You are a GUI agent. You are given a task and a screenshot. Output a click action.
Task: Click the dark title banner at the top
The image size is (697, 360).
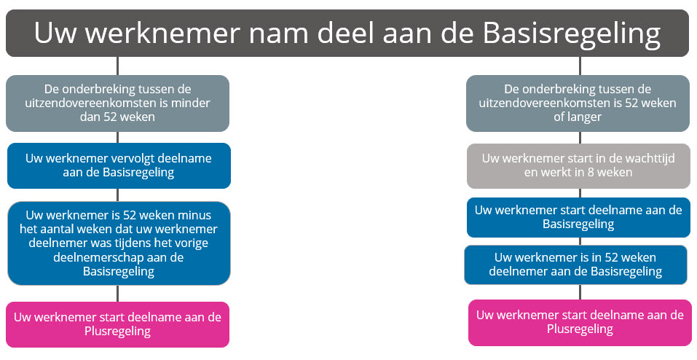(x=347, y=33)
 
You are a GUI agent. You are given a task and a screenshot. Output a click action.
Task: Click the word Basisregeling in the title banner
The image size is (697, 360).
(x=572, y=34)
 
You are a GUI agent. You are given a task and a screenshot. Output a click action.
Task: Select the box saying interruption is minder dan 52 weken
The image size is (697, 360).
(x=117, y=103)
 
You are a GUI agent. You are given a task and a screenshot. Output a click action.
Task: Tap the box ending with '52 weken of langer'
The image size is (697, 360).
(x=578, y=103)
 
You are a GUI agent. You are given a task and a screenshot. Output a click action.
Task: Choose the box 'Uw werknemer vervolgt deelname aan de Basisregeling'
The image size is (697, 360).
(x=119, y=165)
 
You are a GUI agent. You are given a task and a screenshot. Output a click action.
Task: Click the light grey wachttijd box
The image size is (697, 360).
(x=578, y=166)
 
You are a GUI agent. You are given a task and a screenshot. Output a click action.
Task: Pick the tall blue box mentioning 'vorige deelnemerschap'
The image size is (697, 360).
(x=119, y=243)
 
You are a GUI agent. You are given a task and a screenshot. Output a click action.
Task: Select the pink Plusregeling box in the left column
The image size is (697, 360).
(x=117, y=324)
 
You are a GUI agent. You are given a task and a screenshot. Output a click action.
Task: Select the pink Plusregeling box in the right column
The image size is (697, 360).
(x=580, y=323)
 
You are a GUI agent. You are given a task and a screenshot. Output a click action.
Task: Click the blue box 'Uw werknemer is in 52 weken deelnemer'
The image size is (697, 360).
(x=575, y=265)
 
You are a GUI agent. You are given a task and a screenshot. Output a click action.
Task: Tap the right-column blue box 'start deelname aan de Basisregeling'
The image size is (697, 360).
(x=578, y=218)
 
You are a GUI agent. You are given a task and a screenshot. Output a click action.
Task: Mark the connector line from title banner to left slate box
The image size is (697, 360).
(x=118, y=66)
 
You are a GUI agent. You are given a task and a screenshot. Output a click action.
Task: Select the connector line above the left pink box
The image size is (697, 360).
(x=118, y=294)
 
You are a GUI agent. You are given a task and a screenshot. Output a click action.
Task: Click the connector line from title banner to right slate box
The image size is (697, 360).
(x=580, y=66)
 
